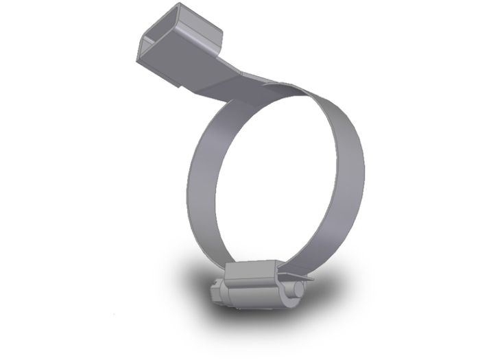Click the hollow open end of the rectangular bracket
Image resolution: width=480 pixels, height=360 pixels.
click(152, 51)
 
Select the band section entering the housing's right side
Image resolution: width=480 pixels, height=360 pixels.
click(288, 264)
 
